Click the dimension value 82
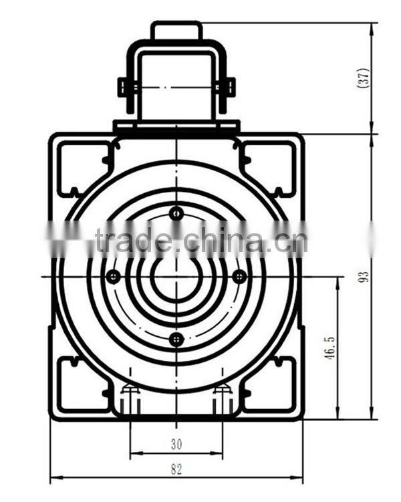click(176, 469)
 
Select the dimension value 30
click(176, 443)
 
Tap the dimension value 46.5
click(329, 348)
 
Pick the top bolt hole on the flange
click(176, 213)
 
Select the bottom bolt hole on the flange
click(176, 340)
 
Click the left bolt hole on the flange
click(114, 276)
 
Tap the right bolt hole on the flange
click(239, 276)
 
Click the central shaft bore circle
click(176, 276)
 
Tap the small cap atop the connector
click(176, 31)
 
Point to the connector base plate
click(176, 126)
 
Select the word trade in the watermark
click(134, 239)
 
